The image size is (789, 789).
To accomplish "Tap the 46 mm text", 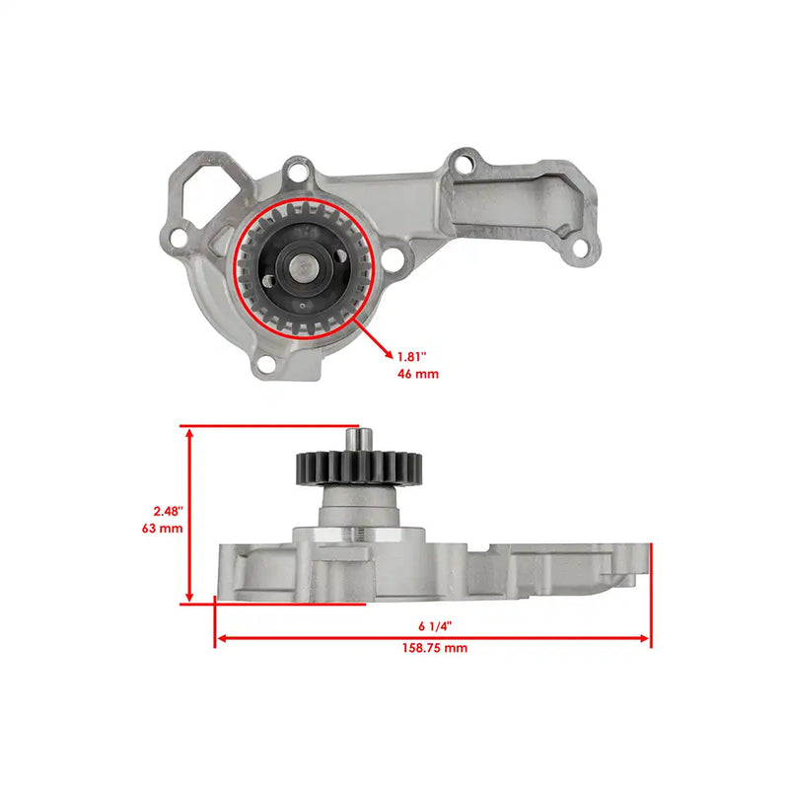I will click(418, 374).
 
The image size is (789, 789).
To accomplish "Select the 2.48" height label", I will click(168, 511).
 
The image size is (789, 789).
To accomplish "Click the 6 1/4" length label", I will click(433, 625).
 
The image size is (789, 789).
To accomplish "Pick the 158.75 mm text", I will click(433, 648).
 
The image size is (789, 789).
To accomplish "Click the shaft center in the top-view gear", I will click(301, 266).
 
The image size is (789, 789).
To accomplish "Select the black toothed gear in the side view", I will click(358, 466).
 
